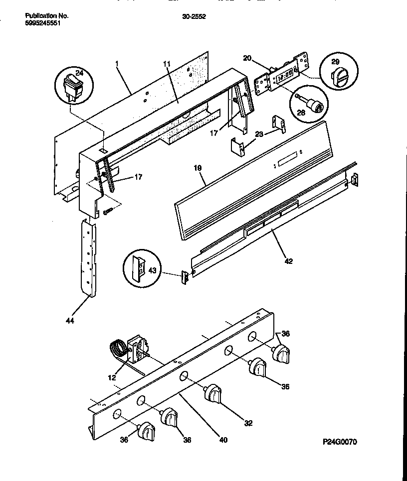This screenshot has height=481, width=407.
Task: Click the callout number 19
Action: point(198,169)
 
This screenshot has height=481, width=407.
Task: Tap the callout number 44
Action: point(70,321)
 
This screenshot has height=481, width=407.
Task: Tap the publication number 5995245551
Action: point(43,22)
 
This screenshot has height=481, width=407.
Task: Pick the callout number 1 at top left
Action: point(117,64)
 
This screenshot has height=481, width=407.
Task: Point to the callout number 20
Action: point(247,58)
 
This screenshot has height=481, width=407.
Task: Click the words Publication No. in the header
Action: point(47,16)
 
